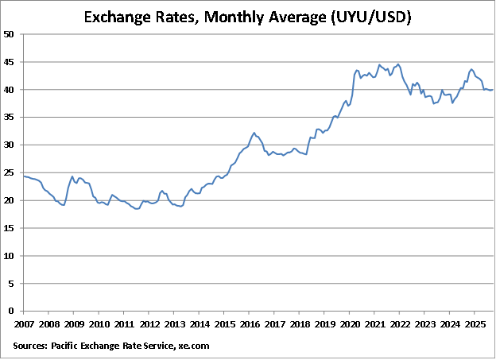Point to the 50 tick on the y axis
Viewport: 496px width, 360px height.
coord(9,34)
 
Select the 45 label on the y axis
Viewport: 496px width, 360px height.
coord(9,62)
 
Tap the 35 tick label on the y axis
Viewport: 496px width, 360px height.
coord(9,118)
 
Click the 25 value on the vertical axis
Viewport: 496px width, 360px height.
coord(9,172)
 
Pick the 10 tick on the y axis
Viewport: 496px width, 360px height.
coord(9,256)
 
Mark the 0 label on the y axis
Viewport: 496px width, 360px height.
coord(11,312)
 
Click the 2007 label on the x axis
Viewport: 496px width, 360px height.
coord(24,324)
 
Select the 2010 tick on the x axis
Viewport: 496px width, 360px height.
coord(99,324)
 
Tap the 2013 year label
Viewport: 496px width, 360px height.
coord(174,324)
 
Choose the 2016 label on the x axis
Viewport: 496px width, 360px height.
coord(249,324)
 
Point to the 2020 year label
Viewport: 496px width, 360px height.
coord(349,324)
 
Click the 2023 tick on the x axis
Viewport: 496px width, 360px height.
coord(424,324)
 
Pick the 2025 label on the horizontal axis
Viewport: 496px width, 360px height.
coord(475,324)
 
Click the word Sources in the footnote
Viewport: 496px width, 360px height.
coord(29,346)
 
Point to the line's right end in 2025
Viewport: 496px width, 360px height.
coord(493,90)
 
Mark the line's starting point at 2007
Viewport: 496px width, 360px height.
coord(24,176)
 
